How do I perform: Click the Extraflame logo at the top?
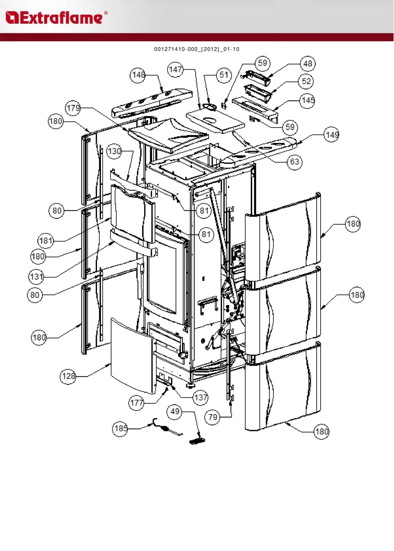click(56, 18)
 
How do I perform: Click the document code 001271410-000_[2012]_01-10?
click(197, 49)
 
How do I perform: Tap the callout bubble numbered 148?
click(138, 75)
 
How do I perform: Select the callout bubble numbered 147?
click(175, 70)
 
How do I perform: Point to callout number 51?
click(224, 75)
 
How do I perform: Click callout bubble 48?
click(308, 64)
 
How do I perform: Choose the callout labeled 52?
click(306, 81)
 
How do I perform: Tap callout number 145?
click(308, 100)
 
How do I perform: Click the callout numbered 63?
click(295, 162)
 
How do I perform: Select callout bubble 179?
click(73, 108)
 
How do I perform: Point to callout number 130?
click(114, 152)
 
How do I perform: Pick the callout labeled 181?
click(46, 241)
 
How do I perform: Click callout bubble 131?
click(36, 277)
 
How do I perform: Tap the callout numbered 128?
click(68, 376)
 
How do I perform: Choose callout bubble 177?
click(137, 403)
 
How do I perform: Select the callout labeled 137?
click(201, 397)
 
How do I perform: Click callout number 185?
click(120, 428)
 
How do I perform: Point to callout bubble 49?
click(175, 411)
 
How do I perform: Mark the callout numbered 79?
click(213, 417)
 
